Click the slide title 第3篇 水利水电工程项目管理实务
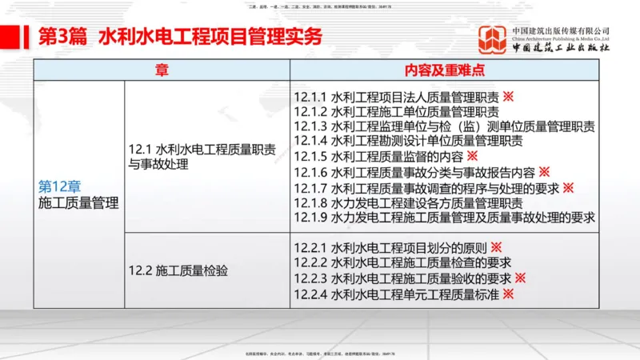pyautogui.click(x=181, y=38)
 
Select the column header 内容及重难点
pyautogui.click(x=445, y=70)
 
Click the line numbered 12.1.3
pyautogui.click(x=444, y=126)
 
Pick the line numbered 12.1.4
pyautogui.click(x=408, y=141)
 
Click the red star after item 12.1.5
pyautogui.click(x=472, y=156)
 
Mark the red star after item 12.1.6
pyautogui.click(x=544, y=171)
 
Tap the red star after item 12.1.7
pyautogui.click(x=568, y=187)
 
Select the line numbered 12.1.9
pyautogui.click(x=444, y=217)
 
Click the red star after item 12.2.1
pyautogui.click(x=496, y=248)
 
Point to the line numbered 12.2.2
pyautogui.click(x=402, y=263)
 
